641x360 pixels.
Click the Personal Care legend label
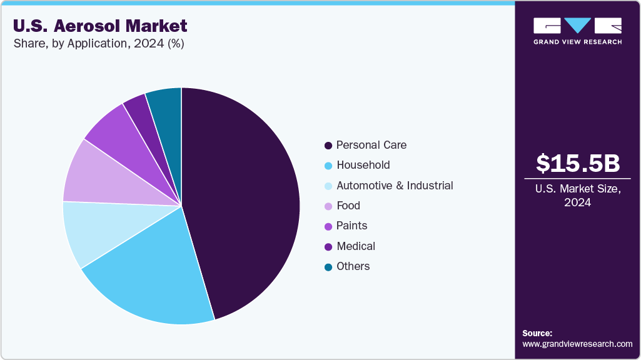point(371,145)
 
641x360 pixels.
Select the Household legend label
point(363,165)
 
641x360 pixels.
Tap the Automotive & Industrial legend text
point(395,186)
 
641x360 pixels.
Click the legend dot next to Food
point(328,206)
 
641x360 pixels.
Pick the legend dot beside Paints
point(328,226)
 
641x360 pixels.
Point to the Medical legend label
point(355,246)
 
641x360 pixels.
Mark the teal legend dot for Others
point(328,267)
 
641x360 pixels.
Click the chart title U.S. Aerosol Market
point(100,26)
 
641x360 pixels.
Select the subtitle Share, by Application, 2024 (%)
point(98,44)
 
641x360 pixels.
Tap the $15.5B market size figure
point(578,163)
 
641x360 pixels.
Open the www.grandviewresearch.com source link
point(577,344)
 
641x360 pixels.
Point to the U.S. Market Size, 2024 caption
point(578,196)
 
